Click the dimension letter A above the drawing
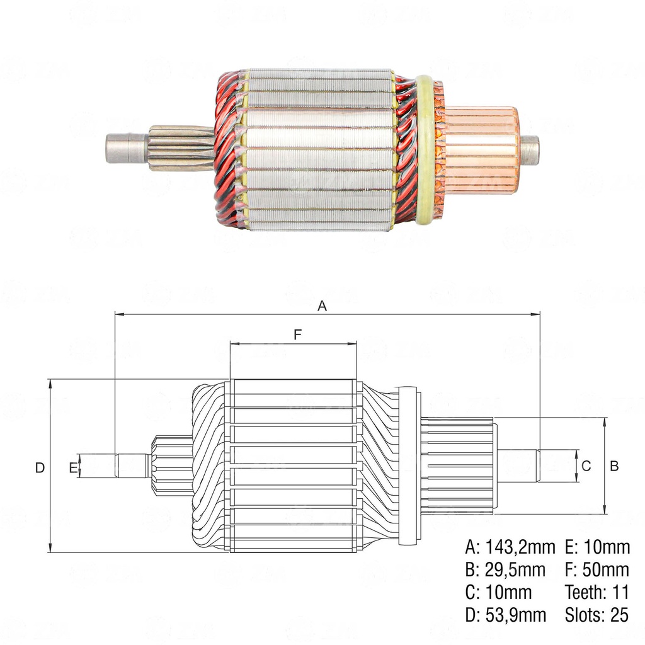(322, 306)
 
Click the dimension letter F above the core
(298, 335)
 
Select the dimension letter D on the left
(40, 467)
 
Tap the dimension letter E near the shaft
(73, 467)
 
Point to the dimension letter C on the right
(586, 466)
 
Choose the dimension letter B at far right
(614, 466)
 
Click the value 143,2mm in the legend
(520, 547)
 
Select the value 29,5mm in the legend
(515, 570)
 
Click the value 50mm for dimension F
(606, 570)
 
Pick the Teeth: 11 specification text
(597, 592)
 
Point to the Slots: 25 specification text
(597, 615)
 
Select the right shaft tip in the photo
(530, 151)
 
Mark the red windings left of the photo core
(228, 150)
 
